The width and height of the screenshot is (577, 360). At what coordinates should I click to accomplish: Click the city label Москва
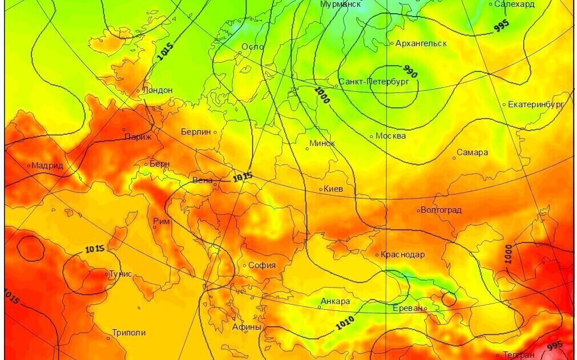pos(391,136)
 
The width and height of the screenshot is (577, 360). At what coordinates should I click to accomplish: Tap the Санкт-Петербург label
pos(374,82)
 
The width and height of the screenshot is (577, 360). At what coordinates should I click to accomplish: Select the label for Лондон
pos(157,90)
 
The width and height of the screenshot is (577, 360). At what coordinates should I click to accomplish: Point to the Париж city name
pos(138,137)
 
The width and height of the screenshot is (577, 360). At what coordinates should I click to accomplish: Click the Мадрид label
pos(47,165)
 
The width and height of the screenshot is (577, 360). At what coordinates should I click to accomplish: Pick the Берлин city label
pos(196,132)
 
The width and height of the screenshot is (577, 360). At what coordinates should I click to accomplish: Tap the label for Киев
pos(333,189)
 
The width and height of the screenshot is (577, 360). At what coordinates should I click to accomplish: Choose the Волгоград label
pos(441,210)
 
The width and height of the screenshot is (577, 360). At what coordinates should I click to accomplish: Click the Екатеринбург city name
pos(536,104)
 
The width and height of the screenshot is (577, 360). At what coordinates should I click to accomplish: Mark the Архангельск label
pos(422,43)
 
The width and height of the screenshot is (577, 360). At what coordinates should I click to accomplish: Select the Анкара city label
pos(336,301)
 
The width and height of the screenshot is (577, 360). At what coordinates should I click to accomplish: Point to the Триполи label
pos(128,333)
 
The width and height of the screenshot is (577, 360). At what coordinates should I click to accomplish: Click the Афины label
pos(247,327)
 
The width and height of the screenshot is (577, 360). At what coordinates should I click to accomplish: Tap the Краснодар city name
pos(402,254)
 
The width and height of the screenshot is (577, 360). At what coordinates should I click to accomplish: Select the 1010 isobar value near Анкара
pos(345,322)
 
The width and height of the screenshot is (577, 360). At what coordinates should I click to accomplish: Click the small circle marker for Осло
pos(240,53)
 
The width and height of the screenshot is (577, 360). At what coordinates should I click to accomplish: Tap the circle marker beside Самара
pos(454,158)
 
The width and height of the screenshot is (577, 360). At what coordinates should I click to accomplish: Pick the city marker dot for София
pos(245,265)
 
